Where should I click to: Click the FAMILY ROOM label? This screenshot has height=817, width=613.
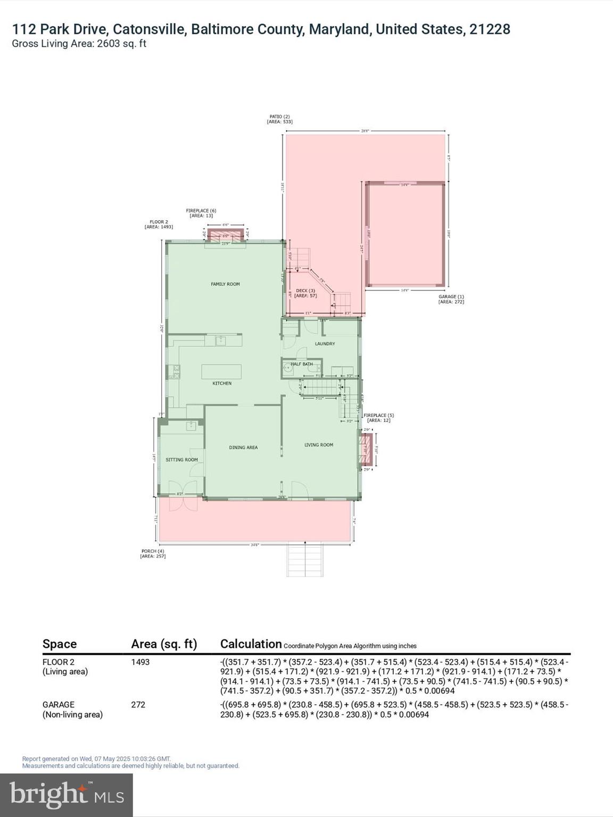point(225,284)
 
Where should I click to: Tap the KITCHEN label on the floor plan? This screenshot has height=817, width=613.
point(222,383)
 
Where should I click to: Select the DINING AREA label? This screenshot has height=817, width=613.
point(243,447)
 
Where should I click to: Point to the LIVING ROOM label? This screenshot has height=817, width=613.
point(319,445)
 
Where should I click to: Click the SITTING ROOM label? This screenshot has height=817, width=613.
point(181,460)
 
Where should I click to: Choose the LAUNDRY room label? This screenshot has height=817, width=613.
point(325,344)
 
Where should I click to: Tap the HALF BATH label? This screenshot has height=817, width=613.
point(302,364)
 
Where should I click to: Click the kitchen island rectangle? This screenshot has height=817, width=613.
point(221,371)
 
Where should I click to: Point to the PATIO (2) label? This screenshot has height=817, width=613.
point(279,116)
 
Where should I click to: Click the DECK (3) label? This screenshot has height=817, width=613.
point(305,290)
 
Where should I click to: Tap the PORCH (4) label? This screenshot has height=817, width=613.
point(153,551)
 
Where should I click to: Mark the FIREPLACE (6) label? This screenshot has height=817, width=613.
point(201,211)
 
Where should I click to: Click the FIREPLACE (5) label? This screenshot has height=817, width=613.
point(378,415)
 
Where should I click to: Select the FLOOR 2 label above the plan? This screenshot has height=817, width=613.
point(159,222)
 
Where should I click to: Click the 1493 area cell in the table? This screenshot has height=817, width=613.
point(140,662)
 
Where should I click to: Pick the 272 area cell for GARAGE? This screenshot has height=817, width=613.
point(138,705)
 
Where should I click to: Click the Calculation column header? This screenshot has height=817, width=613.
point(251,644)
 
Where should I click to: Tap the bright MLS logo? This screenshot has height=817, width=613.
point(67,795)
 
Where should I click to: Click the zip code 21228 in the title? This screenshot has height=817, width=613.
point(490,29)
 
